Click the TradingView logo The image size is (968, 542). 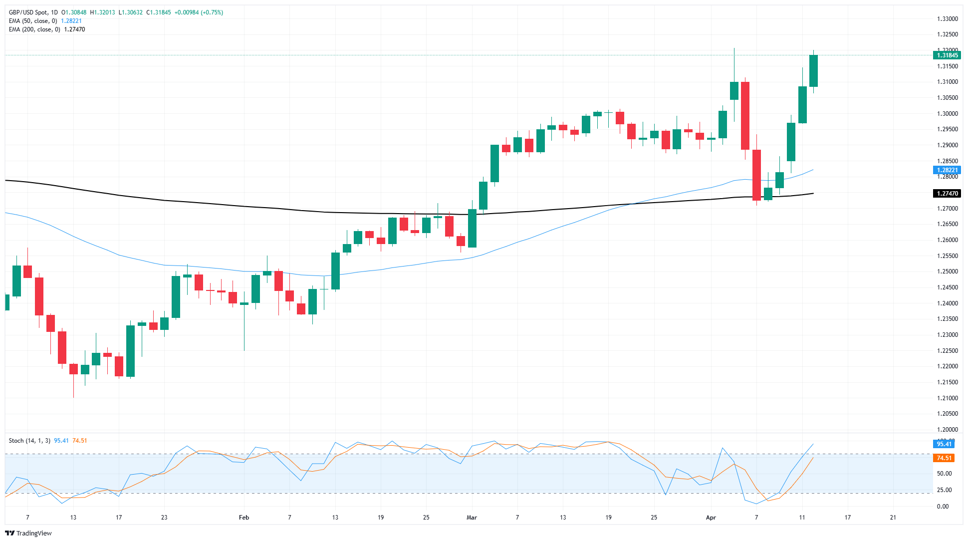[28, 533]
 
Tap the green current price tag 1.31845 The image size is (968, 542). [947, 55]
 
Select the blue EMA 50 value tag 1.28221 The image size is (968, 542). [947, 170]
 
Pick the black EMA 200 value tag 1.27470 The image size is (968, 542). [947, 194]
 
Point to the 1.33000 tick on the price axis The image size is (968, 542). [947, 19]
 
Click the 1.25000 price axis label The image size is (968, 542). [947, 271]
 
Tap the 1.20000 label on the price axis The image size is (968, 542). [947, 430]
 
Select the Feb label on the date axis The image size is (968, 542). [244, 518]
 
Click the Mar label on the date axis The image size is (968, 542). [472, 518]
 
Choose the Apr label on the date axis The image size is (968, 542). [711, 518]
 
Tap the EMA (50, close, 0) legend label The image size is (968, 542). [32, 21]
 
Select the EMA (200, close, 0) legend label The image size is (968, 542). [34, 29]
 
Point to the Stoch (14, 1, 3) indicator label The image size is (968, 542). [29, 441]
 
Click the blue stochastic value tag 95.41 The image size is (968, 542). [944, 444]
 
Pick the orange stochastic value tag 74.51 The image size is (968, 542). [944, 458]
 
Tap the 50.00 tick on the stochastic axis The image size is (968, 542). [944, 474]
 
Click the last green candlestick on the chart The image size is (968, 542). [813, 71]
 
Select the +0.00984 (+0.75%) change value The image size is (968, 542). [199, 12]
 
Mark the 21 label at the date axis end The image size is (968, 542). [893, 518]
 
